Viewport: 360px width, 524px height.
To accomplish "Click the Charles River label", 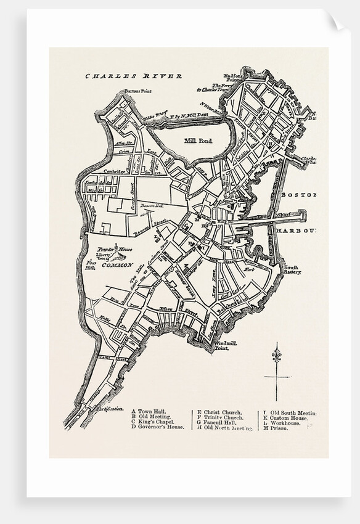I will pos(133,76).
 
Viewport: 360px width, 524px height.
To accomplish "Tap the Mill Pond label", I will pos(198,141).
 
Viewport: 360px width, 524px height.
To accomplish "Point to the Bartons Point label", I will pos(138,91).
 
